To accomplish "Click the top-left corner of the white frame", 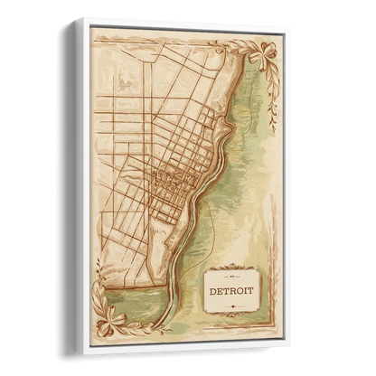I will pos(79,17).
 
